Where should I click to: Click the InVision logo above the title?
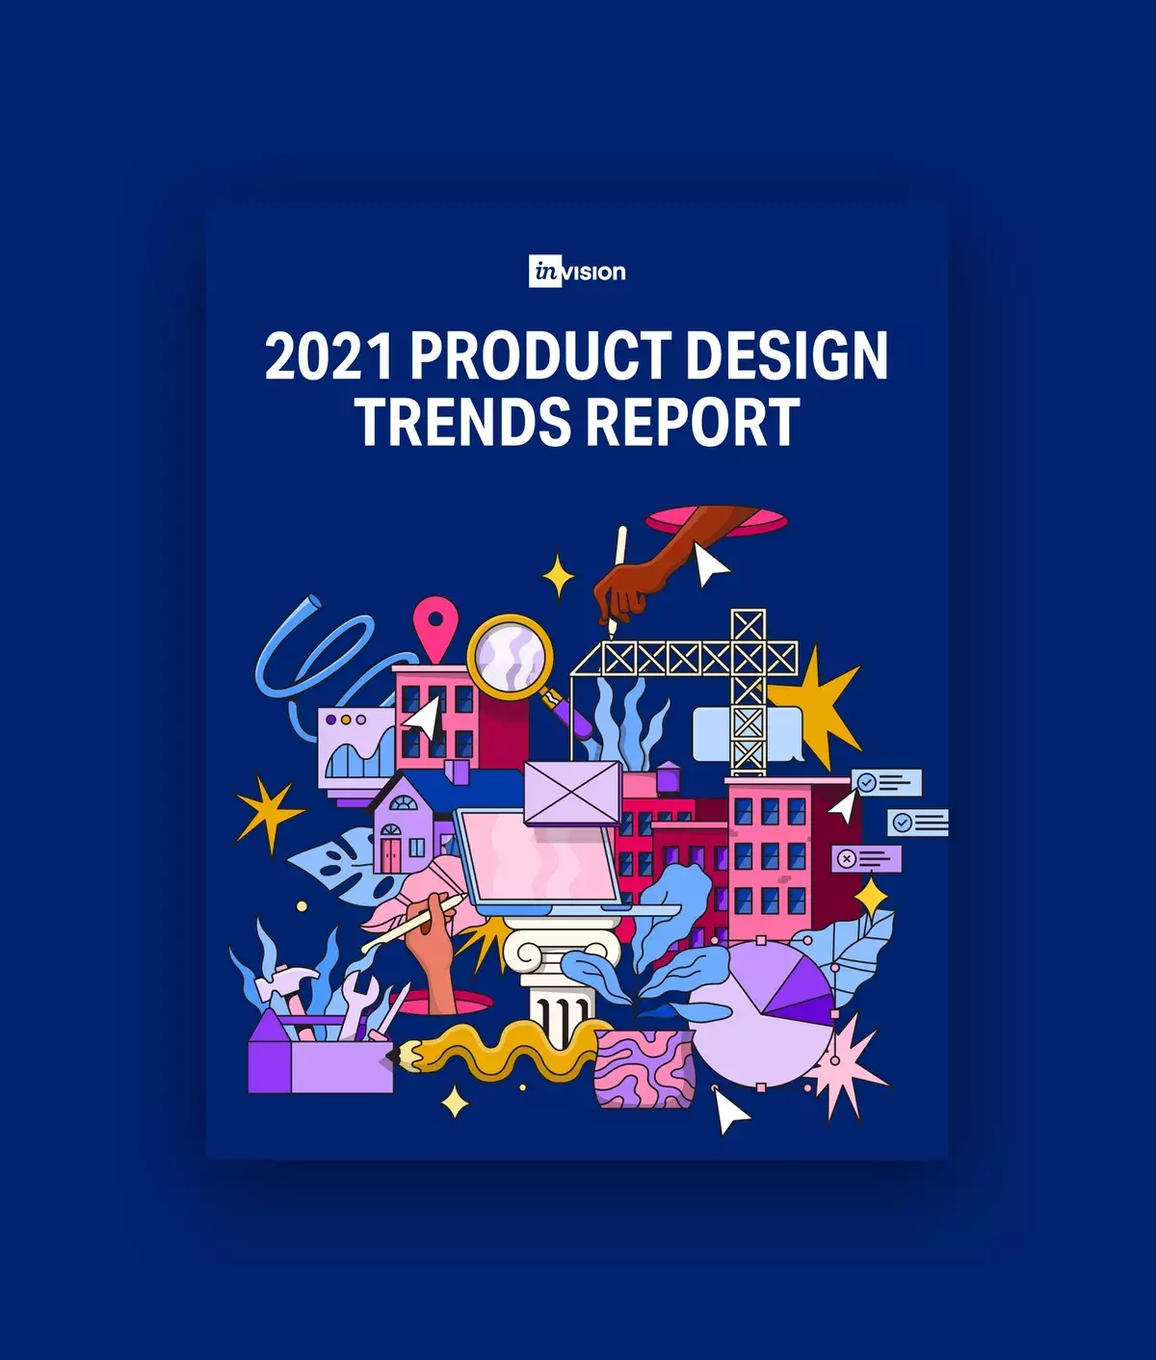(x=577, y=272)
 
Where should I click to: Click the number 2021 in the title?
(x=328, y=355)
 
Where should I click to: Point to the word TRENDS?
(x=462, y=421)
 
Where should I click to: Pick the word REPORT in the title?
(x=692, y=421)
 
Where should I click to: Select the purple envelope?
(x=572, y=792)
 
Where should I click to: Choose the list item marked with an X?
(x=867, y=858)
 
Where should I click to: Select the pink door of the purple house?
(x=390, y=853)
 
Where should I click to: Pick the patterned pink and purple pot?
(x=644, y=1069)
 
